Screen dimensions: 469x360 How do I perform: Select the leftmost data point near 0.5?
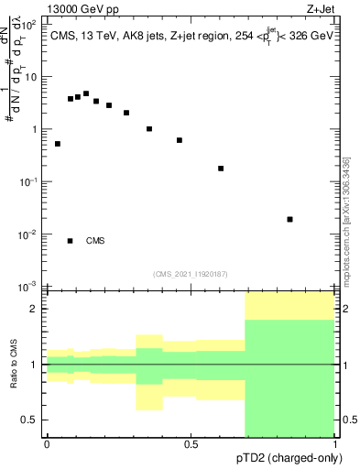pos(58,144)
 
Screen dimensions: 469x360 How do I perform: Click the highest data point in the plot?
pos(86,93)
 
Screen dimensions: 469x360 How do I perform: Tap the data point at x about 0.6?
pos(221,169)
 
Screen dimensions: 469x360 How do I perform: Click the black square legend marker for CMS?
pos(70,241)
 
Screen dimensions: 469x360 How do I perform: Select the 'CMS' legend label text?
pos(95,241)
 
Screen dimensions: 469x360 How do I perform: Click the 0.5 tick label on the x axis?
pos(191,443)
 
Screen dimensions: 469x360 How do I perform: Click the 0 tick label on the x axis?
pos(47,443)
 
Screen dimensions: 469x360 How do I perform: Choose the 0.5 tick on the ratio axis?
pos(31,420)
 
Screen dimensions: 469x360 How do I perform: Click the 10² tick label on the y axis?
pos(29,25)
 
